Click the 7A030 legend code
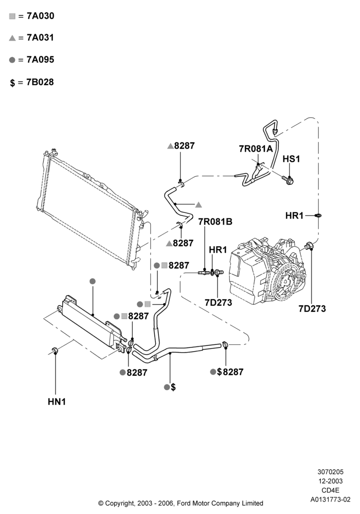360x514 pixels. [40, 16]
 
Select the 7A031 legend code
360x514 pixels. [40, 38]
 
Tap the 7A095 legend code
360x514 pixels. [40, 60]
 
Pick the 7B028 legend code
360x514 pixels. [40, 82]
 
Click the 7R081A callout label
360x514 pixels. [256, 149]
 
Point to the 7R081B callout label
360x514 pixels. [215, 222]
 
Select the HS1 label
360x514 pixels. [291, 159]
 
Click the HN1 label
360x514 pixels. [57, 401]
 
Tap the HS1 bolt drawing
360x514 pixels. [287, 179]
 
